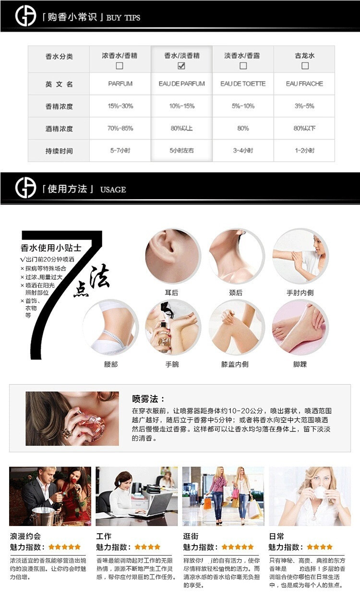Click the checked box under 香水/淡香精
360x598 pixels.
point(181,66)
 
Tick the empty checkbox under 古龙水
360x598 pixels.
point(305,66)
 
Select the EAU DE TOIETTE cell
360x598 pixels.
point(243,84)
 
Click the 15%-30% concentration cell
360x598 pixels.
point(120,106)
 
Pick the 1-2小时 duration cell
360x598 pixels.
point(305,151)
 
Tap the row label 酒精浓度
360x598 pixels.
point(59,129)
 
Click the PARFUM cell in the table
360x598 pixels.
point(120,84)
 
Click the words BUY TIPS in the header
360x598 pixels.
point(123,18)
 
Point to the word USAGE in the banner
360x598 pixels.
point(113,190)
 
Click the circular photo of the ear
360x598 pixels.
point(173,256)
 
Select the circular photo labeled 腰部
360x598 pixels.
point(111,327)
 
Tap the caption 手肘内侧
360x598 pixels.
point(300,293)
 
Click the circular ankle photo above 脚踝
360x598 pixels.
point(300,327)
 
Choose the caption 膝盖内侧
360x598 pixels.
point(235,364)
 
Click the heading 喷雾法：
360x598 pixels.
point(148,399)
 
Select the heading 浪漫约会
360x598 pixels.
point(25,536)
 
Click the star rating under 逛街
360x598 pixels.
point(237,547)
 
